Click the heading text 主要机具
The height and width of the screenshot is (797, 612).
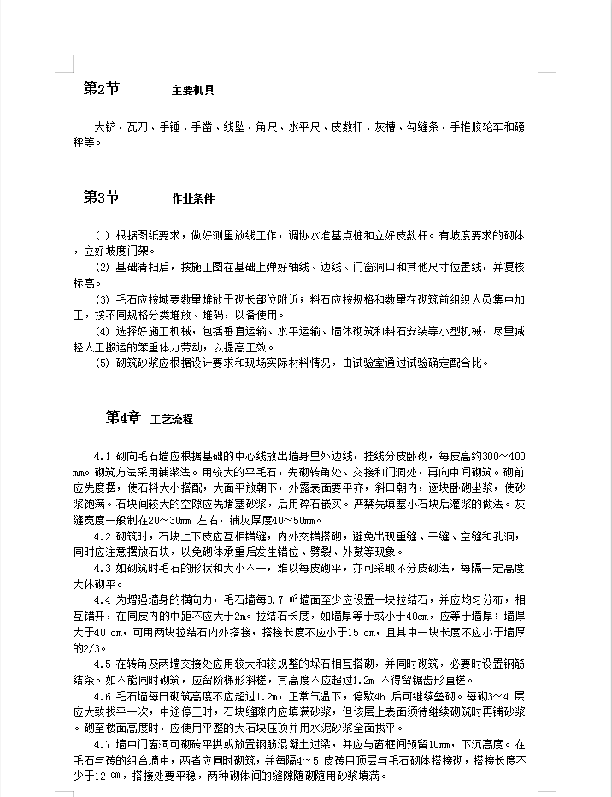click(192, 90)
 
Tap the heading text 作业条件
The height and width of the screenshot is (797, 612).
click(192, 199)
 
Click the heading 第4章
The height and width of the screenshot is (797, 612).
click(122, 417)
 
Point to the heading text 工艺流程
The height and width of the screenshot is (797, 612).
click(172, 419)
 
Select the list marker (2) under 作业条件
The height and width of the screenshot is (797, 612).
click(102, 268)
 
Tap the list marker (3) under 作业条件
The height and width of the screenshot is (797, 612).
click(102, 299)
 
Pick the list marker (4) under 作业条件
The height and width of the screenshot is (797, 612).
click(102, 331)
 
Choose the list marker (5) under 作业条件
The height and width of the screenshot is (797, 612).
click(102, 363)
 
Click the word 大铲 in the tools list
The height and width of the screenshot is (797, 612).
click(103, 127)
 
